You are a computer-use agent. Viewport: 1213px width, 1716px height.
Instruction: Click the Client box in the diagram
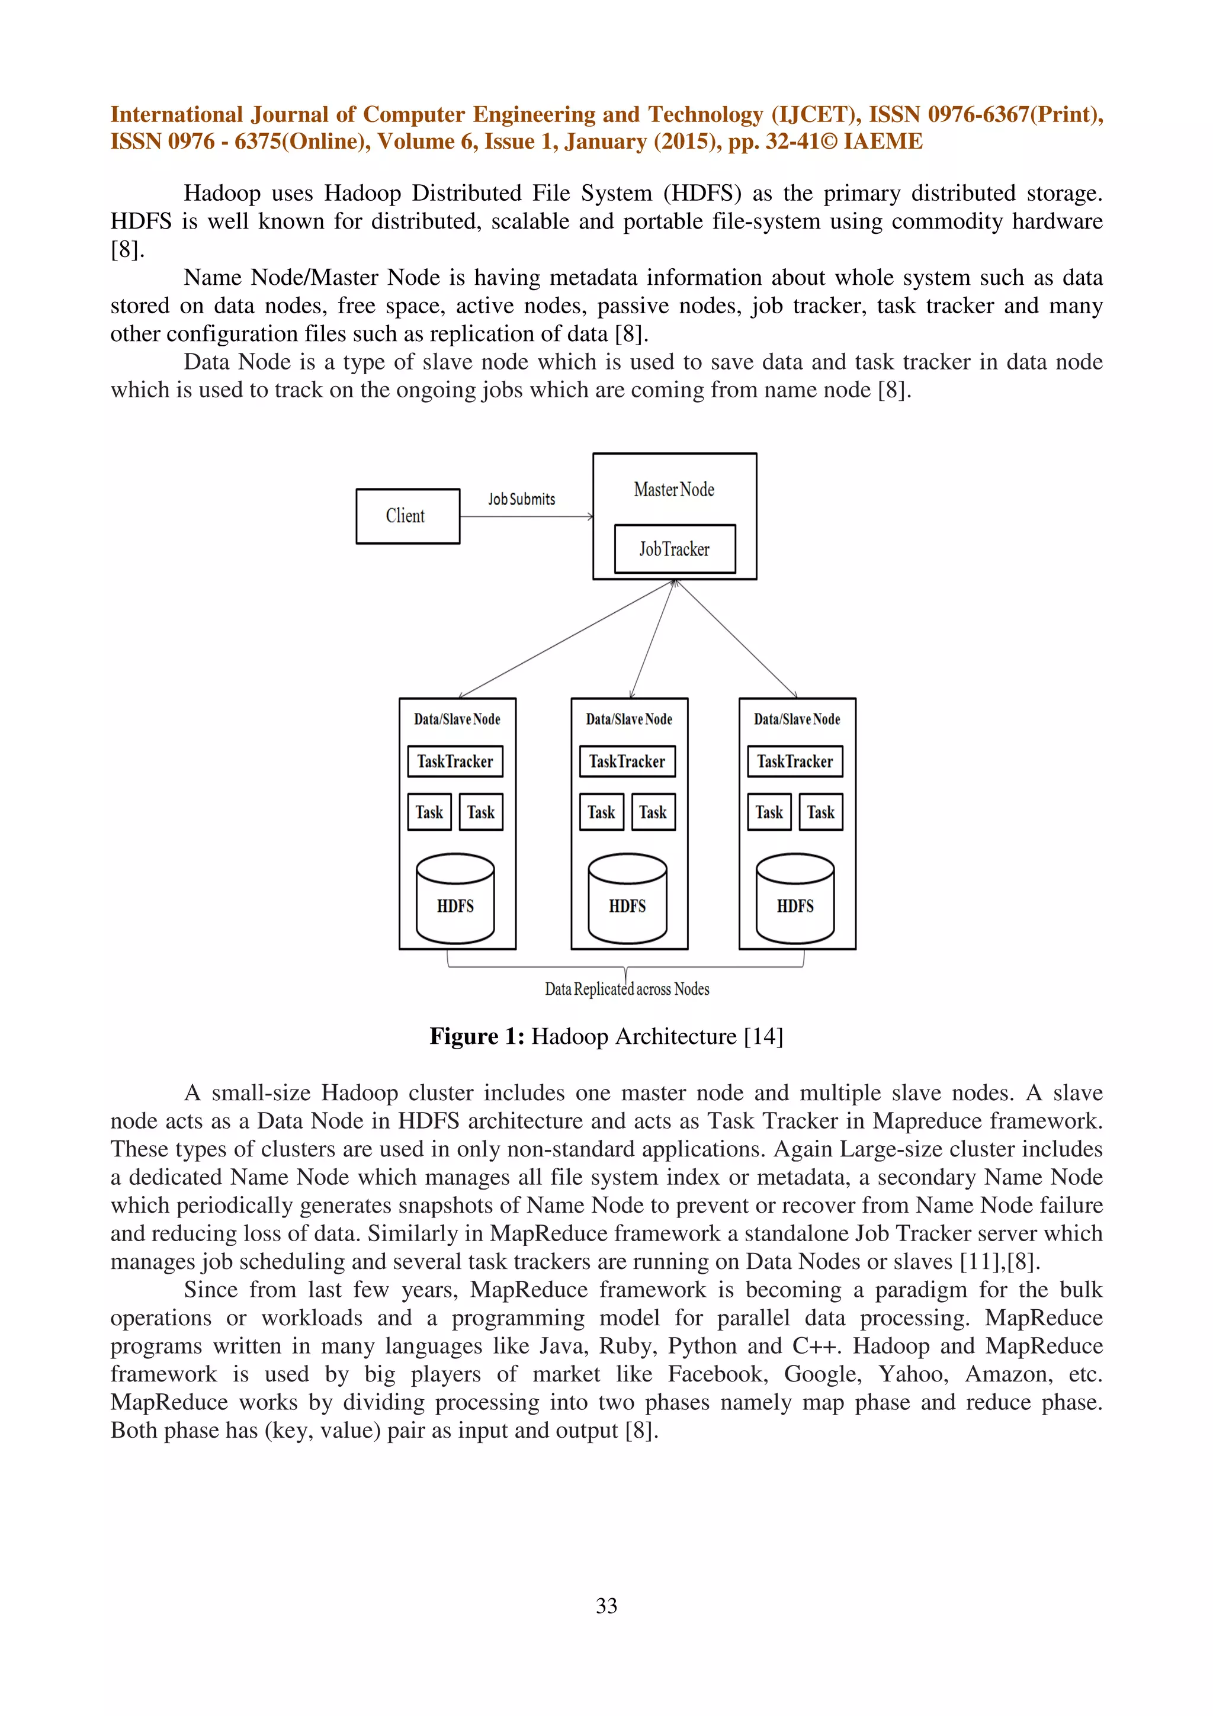click(407, 516)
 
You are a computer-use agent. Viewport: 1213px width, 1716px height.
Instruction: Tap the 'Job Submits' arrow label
click(522, 499)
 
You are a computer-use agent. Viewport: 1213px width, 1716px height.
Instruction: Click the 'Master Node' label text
click(673, 490)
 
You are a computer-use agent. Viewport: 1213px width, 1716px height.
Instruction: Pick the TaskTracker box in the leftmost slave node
click(454, 761)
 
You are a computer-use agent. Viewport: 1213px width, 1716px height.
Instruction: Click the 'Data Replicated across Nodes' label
click(626, 989)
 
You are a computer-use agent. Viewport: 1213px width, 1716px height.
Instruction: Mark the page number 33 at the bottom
click(606, 1605)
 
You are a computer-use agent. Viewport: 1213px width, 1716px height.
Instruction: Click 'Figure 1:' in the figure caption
click(476, 1037)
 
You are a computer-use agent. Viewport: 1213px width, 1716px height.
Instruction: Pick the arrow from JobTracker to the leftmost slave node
click(566, 639)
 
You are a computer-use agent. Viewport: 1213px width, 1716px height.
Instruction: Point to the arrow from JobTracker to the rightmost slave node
click(736, 639)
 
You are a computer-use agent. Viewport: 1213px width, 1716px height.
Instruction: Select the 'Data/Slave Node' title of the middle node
click(628, 719)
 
